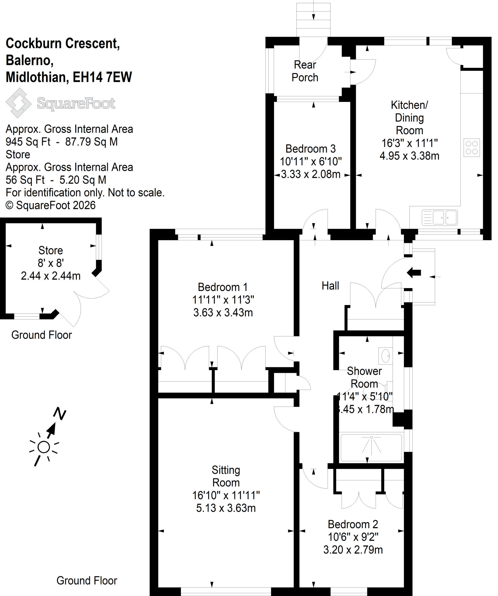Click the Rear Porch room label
[305, 71]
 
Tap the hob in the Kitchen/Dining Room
[471, 148]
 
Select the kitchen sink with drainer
[439, 217]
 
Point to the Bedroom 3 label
[310, 149]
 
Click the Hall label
[330, 285]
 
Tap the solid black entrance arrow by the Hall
[414, 273]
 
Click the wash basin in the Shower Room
[385, 356]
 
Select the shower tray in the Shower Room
[371, 448]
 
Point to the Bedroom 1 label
[223, 287]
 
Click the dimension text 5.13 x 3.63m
[226, 508]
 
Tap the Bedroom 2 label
[353, 524]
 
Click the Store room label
[51, 250]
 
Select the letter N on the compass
[60, 414]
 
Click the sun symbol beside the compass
[44, 447]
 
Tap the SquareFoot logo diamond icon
[19, 103]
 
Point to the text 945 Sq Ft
[28, 142]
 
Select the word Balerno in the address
[29, 61]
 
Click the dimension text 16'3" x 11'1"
[409, 143]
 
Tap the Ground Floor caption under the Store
[42, 335]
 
